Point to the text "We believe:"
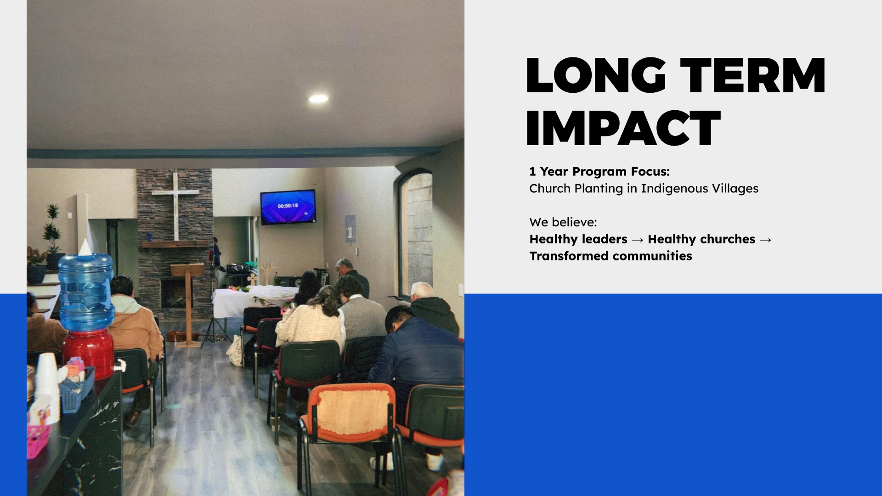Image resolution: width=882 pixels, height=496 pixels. pos(563,222)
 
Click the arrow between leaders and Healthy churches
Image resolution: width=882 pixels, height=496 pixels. pos(638,240)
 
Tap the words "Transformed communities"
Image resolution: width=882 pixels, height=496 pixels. pos(611,256)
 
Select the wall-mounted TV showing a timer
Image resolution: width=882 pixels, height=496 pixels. pos(288,207)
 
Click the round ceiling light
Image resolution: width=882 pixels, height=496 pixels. pos(318,98)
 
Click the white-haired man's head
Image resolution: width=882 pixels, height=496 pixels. pos(421,291)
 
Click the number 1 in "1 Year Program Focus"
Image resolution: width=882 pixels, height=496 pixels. pos(532,172)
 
